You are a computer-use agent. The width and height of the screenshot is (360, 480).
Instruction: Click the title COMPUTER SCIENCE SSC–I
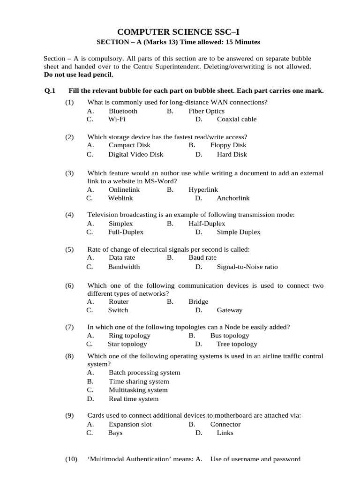(178, 32)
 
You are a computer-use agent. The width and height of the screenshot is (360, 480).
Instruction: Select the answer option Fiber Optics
(206, 111)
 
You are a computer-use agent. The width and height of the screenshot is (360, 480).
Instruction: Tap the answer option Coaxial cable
(236, 119)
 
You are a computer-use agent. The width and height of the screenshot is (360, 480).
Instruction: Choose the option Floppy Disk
(228, 145)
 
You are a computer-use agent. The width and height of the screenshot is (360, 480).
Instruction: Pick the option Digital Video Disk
(135, 154)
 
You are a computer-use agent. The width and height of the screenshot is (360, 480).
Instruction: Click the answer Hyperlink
(203, 189)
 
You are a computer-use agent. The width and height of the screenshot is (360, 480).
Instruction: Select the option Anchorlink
(233, 198)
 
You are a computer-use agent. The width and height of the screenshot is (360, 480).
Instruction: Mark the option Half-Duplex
(207, 224)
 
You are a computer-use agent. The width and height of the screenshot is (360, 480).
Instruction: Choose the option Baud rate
(202, 257)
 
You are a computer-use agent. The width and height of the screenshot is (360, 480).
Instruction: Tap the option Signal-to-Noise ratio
(247, 267)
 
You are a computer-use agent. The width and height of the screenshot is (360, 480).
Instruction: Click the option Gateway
(229, 310)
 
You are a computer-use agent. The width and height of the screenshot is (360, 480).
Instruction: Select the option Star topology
(127, 344)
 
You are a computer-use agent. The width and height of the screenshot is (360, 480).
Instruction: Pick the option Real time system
(134, 399)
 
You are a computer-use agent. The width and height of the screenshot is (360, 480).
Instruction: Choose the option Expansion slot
(130, 424)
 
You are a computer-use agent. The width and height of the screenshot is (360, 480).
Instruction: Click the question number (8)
(70, 356)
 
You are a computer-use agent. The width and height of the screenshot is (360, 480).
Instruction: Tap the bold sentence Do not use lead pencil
(78, 75)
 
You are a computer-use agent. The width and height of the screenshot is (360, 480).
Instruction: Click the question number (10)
(71, 459)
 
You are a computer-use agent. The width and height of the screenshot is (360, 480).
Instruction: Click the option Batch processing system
(144, 373)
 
